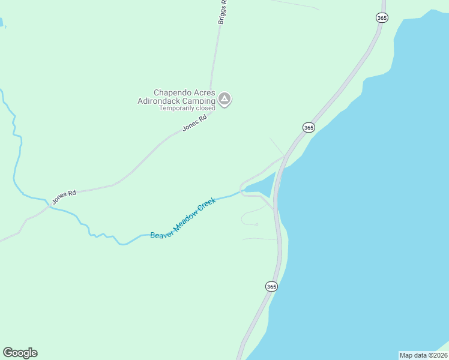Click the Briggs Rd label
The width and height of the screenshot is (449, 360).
click(223, 11)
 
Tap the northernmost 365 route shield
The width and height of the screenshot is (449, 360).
click(382, 17)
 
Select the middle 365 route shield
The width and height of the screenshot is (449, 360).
click(309, 127)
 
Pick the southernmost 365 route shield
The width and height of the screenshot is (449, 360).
click(271, 287)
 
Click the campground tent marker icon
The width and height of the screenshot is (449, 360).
click(224, 99)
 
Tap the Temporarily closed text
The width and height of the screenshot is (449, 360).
click(187, 109)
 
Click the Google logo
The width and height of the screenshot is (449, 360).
click(20, 353)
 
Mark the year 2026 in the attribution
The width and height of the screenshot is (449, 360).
click(438, 355)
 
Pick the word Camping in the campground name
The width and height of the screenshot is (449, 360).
click(201, 101)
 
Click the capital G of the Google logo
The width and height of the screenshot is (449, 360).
click(7, 353)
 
